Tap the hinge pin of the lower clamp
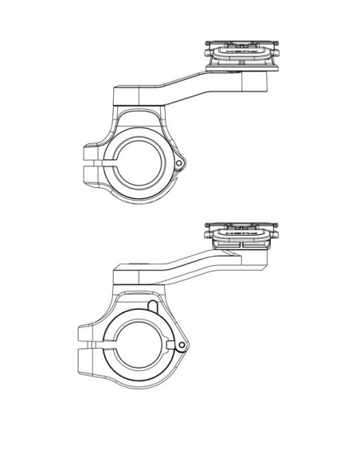point(182,345)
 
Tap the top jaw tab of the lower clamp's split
point(88,334)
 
